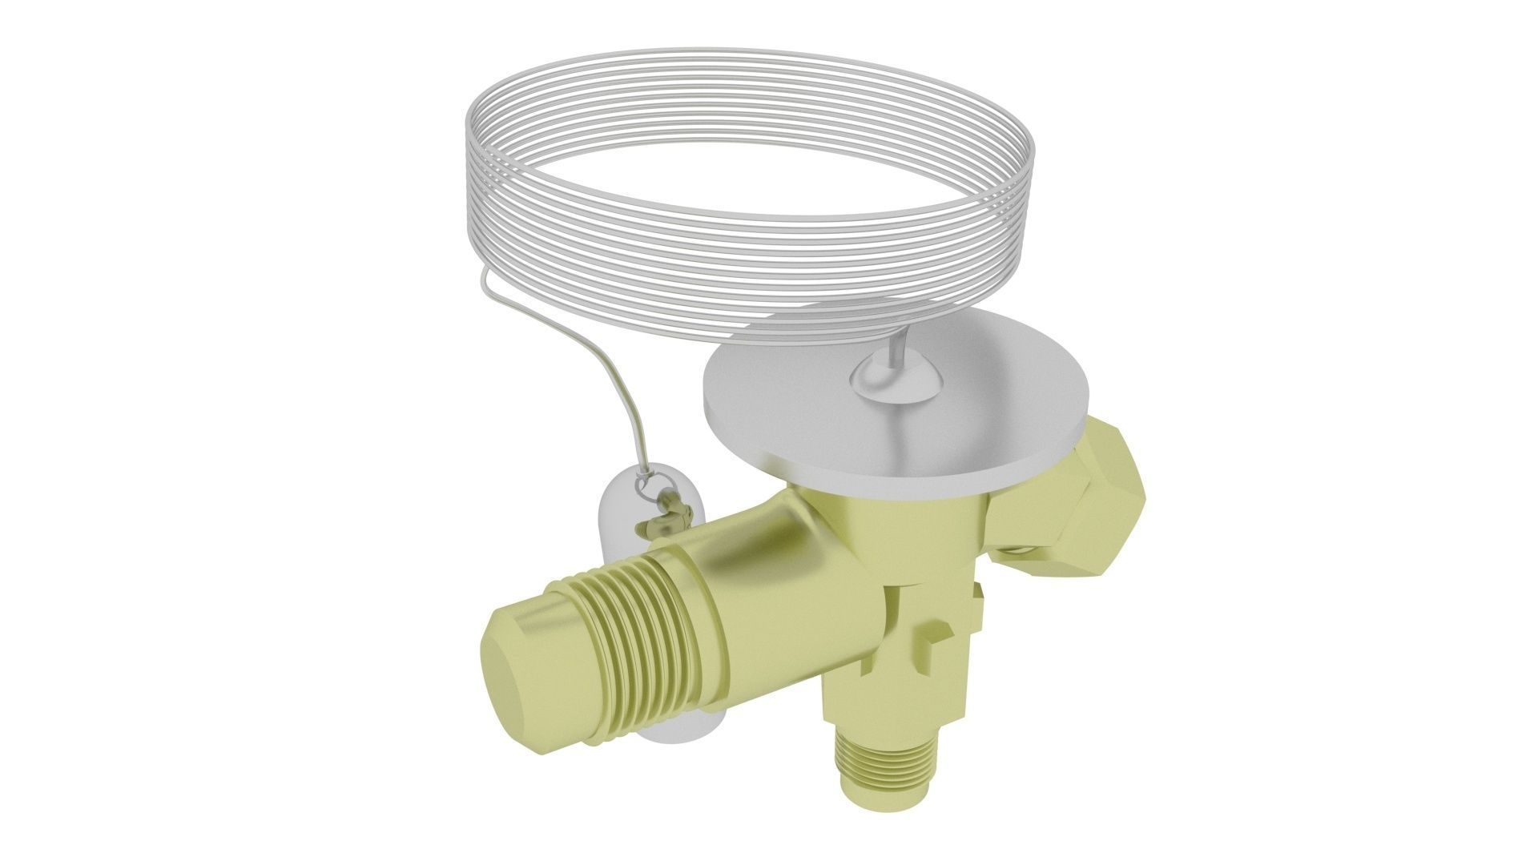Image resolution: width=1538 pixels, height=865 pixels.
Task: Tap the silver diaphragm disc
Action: click(x=801, y=432)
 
